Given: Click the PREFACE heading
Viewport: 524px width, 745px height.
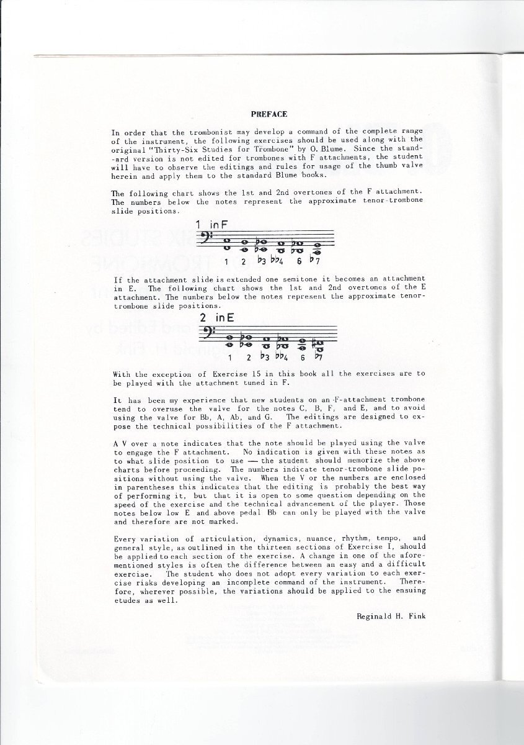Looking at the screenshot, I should [269, 114].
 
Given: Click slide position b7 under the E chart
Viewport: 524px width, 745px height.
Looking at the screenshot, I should [318, 357].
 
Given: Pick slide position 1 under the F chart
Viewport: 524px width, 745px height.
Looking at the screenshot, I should [227, 262].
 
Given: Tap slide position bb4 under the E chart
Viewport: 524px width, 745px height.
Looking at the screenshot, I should [282, 357].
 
